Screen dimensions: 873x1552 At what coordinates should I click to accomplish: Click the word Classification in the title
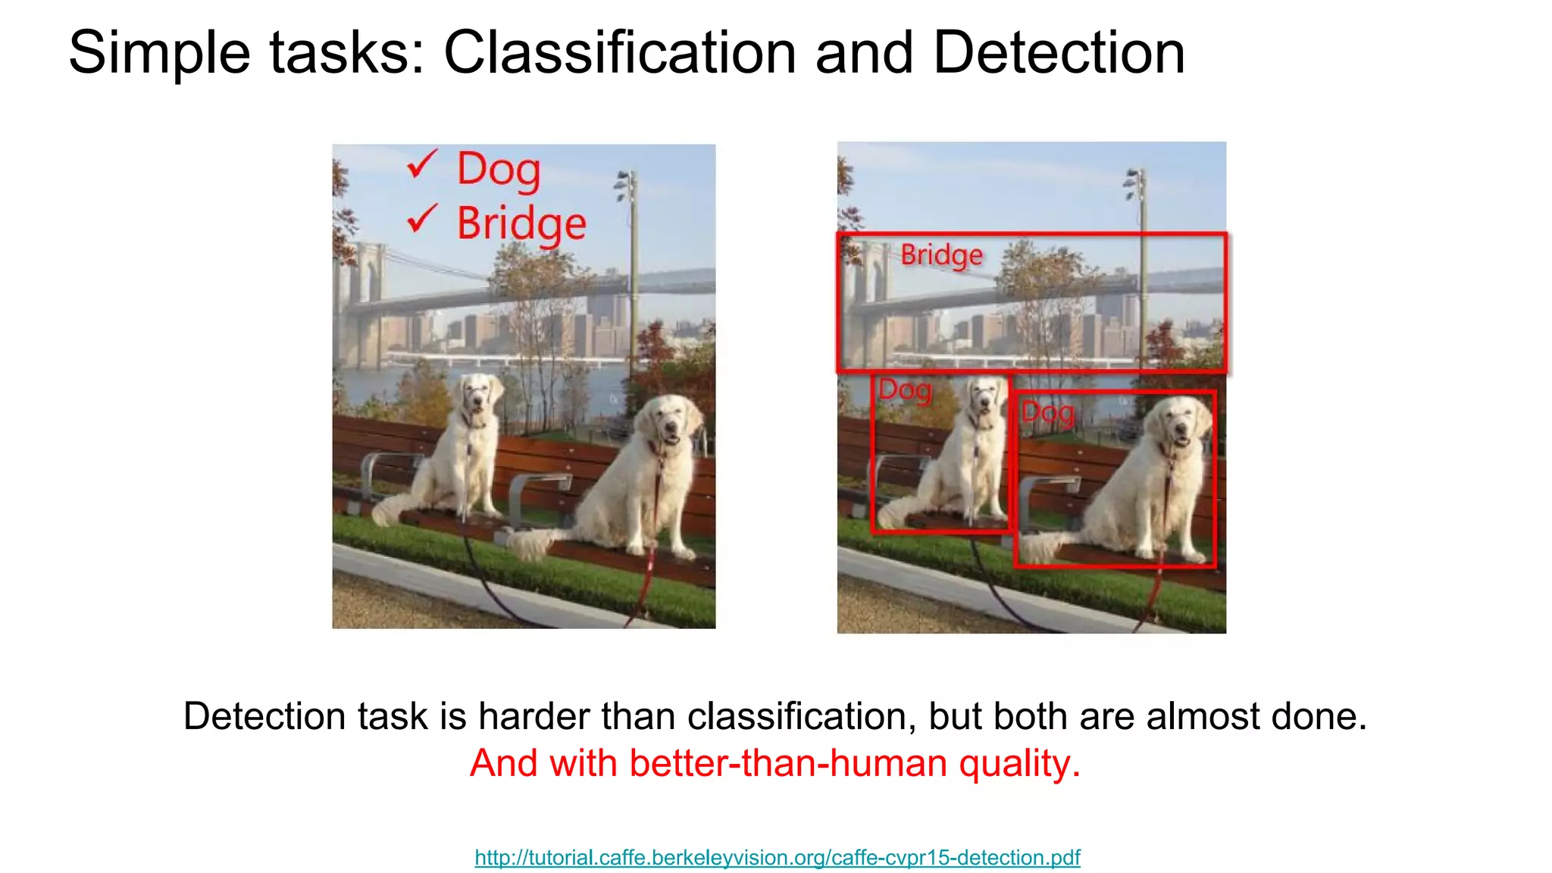point(619,52)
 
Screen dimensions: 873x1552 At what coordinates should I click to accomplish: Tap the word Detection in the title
point(1059,52)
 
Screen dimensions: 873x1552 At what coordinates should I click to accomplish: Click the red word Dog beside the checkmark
point(499,170)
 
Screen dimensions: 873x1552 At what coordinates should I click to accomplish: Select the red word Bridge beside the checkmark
point(521,224)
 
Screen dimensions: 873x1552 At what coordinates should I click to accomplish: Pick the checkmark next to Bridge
point(421,218)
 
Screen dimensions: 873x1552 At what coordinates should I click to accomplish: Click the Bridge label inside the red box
point(941,255)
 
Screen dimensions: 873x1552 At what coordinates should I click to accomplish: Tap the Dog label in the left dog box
point(905,391)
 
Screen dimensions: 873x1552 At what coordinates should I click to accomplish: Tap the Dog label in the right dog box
point(1047,414)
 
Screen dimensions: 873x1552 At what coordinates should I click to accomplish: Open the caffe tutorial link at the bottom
point(777,857)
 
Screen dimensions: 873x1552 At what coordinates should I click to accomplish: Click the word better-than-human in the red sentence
point(787,763)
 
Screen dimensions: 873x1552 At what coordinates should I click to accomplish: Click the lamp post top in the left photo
point(627,183)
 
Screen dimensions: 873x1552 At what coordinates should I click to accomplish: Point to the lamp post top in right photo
point(1134,181)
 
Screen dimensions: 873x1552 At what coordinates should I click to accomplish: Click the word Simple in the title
point(159,52)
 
